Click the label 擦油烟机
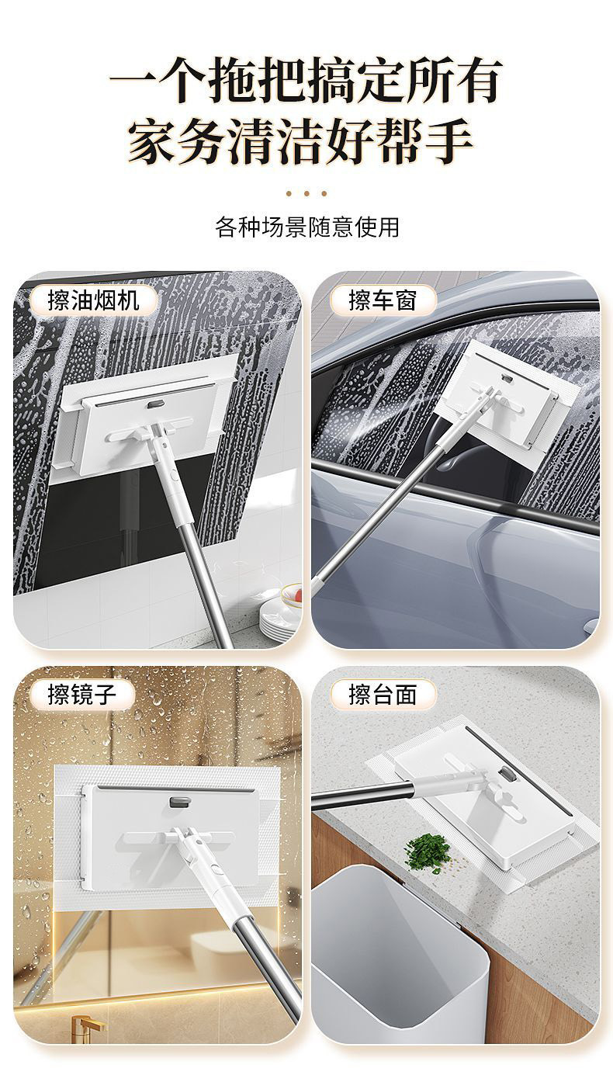tap(93, 300)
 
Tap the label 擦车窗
tap(383, 300)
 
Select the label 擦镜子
tap(81, 694)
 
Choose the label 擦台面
tap(383, 694)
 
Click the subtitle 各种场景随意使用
tap(306, 227)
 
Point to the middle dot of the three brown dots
tap(306, 193)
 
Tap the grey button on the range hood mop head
tap(154, 403)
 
